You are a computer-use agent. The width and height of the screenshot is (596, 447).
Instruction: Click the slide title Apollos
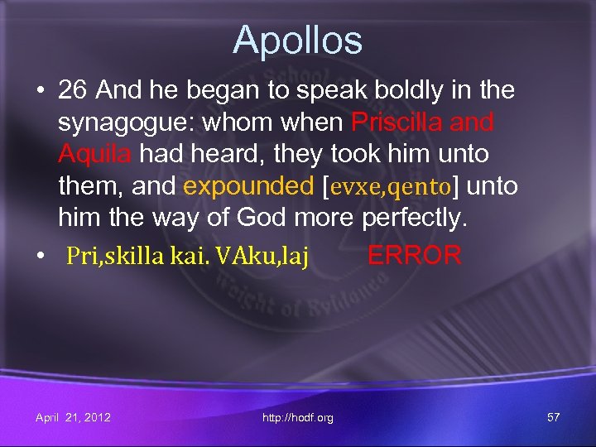pos(297,40)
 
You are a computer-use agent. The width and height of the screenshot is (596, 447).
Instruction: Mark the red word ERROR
pos(414,255)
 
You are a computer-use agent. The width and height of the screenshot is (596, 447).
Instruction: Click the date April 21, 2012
pos(74,417)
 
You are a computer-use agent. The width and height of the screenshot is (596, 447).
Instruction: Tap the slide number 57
pos(553,417)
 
